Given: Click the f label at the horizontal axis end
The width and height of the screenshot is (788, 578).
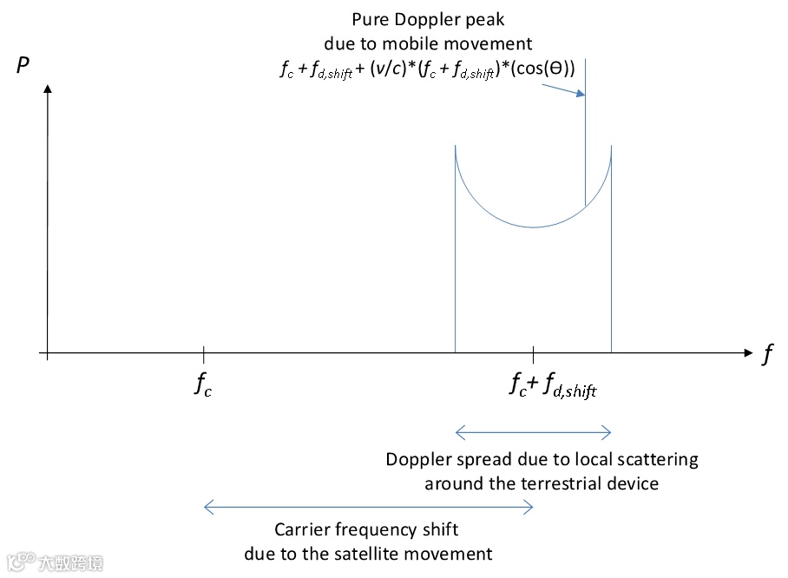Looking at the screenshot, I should click(x=767, y=355).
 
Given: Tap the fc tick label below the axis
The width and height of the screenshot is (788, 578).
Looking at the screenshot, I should click(x=203, y=385).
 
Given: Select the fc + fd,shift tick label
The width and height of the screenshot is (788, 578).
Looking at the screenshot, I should click(x=553, y=385).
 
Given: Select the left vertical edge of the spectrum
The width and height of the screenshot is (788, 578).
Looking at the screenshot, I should click(x=456, y=260).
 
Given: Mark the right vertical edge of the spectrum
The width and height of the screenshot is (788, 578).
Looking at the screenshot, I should click(x=612, y=260).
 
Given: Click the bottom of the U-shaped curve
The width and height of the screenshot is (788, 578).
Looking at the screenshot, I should click(x=534, y=227).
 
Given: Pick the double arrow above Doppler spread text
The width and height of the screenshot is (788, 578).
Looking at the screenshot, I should click(x=534, y=432).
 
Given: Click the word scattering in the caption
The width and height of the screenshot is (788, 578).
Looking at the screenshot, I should click(x=657, y=459).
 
